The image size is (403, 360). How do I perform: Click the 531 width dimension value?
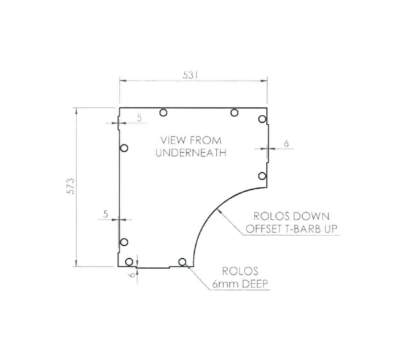click(x=191, y=75)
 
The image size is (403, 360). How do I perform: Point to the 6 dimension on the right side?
click(x=286, y=144)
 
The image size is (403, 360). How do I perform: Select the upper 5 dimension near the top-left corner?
click(x=139, y=118)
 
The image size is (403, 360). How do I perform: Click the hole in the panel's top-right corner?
click(x=262, y=119)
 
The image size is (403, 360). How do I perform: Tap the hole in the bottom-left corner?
click(x=129, y=262)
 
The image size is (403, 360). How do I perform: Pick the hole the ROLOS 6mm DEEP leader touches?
click(x=182, y=262)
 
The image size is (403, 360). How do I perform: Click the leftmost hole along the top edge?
click(x=164, y=113)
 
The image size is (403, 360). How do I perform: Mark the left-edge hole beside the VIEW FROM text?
click(x=124, y=148)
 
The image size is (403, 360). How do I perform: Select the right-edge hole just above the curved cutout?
click(x=262, y=176)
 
